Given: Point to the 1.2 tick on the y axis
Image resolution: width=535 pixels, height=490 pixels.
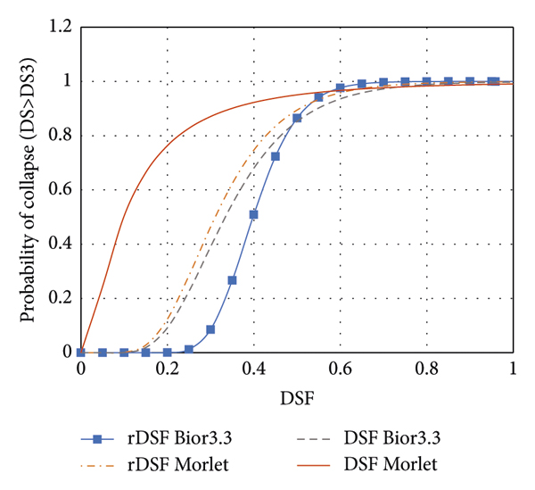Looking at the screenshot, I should coord(58,28).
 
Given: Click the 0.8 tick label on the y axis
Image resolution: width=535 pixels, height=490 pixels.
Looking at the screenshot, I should coord(58,136).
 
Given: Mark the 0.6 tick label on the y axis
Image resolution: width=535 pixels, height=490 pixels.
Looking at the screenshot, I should coord(58,190).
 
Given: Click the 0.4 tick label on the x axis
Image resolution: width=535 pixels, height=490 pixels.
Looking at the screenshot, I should coord(253,369).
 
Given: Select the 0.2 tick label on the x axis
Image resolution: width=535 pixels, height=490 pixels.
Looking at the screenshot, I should coord(167,369).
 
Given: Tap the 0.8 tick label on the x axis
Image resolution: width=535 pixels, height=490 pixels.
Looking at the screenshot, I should coord(426,369).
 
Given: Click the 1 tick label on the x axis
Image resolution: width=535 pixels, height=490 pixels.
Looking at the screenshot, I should coord(513,369).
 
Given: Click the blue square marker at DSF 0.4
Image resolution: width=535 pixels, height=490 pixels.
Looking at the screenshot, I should coord(253,214).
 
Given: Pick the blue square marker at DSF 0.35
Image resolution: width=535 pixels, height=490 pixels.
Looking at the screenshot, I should coord(232,280).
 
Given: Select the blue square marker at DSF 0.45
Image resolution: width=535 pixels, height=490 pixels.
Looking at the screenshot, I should coord(276,156).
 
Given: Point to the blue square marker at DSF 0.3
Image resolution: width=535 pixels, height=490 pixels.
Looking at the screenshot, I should coord(210,329).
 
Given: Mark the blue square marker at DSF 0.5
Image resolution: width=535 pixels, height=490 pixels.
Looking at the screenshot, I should coord(297,118).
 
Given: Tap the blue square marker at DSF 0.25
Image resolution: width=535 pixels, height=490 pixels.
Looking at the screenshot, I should coord(189,349).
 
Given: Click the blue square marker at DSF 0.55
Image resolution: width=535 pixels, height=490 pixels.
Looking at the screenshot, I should coord(318,96).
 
